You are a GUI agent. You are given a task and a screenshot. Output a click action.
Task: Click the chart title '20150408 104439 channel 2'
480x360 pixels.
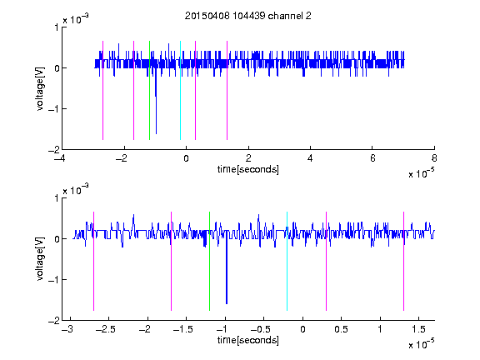(x=248, y=16)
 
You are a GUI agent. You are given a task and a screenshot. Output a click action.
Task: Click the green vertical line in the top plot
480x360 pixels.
(x=149, y=90)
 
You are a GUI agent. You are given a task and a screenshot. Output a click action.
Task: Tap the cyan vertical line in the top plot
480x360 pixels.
(x=180, y=90)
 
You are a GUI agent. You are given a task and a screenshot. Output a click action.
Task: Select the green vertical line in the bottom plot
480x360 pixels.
(x=209, y=261)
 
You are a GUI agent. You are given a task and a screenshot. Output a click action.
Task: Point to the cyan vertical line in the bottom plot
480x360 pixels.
(x=287, y=261)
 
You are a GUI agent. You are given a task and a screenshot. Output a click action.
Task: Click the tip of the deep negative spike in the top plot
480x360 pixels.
(x=156, y=134)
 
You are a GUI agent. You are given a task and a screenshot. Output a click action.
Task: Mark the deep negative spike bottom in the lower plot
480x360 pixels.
(x=227, y=303)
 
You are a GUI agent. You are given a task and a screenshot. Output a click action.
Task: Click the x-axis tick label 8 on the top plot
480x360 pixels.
(x=434, y=158)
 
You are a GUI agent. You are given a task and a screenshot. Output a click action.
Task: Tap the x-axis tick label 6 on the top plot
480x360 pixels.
(x=372, y=158)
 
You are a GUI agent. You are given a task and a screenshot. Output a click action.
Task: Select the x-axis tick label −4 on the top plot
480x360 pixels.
(x=61, y=158)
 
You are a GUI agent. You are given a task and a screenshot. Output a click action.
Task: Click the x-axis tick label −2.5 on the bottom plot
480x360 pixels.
(x=107, y=329)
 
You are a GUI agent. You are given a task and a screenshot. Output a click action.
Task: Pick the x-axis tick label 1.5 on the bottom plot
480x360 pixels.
(x=418, y=329)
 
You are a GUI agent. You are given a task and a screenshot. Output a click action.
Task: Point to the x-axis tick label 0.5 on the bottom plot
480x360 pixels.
(x=341, y=329)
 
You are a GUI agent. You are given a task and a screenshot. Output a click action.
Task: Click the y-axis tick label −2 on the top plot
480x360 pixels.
(x=54, y=150)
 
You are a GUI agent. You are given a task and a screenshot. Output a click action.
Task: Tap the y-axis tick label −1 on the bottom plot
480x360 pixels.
(x=54, y=280)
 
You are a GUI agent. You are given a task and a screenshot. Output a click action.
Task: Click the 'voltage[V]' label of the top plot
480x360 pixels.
(x=40, y=88)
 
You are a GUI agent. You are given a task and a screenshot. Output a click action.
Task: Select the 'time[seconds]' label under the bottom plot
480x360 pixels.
(x=248, y=340)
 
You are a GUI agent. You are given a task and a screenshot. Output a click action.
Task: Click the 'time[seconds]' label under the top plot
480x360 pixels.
(x=248, y=169)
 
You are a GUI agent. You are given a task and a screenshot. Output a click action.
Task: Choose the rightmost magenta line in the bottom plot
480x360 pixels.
(x=403, y=261)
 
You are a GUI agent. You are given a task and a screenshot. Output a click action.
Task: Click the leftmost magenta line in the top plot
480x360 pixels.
(x=102, y=90)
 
